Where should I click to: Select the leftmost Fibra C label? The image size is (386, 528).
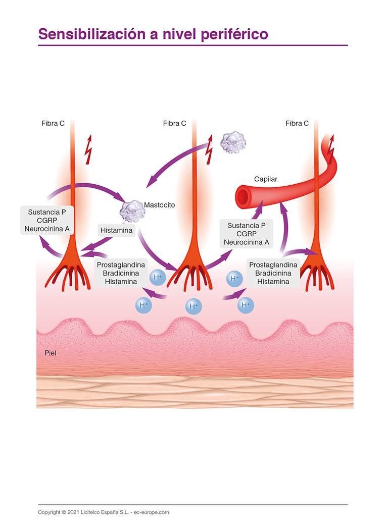coord(53,123)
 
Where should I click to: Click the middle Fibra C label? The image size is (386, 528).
coord(175,123)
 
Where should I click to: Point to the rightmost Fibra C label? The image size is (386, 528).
coord(297,123)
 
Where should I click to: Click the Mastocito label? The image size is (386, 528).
coord(159,205)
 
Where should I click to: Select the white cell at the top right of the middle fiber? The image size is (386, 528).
coord(233,143)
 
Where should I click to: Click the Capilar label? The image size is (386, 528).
coord(265,179)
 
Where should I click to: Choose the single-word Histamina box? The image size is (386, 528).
coord(116,231)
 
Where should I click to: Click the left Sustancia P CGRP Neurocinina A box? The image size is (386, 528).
coord(47,221)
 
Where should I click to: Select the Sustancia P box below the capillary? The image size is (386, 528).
coord(247,234)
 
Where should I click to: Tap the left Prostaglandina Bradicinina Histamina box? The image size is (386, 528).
coord(121,273)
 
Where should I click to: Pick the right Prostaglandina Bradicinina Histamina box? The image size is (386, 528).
coord(273,273)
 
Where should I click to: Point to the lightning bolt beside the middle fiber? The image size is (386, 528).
coord(210,150)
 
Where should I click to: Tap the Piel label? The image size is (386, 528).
coord(50,353)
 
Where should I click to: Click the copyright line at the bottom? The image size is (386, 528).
coord(104,512)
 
